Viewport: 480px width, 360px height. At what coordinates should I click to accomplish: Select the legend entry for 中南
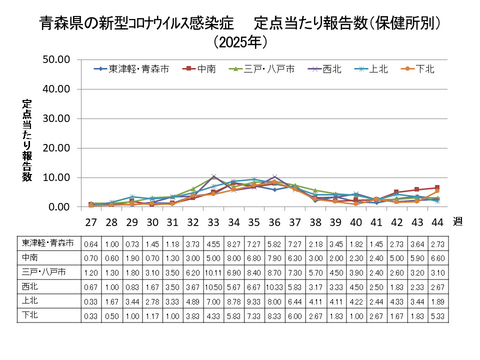click(205, 69)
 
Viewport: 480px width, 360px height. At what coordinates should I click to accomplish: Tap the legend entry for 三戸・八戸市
click(264, 69)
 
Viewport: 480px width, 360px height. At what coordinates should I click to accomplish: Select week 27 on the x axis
click(91, 222)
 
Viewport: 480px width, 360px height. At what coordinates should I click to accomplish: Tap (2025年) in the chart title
click(240, 41)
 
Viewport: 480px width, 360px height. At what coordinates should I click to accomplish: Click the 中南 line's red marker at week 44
click(436, 188)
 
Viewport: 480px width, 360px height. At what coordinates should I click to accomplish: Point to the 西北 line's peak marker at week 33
click(214, 177)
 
